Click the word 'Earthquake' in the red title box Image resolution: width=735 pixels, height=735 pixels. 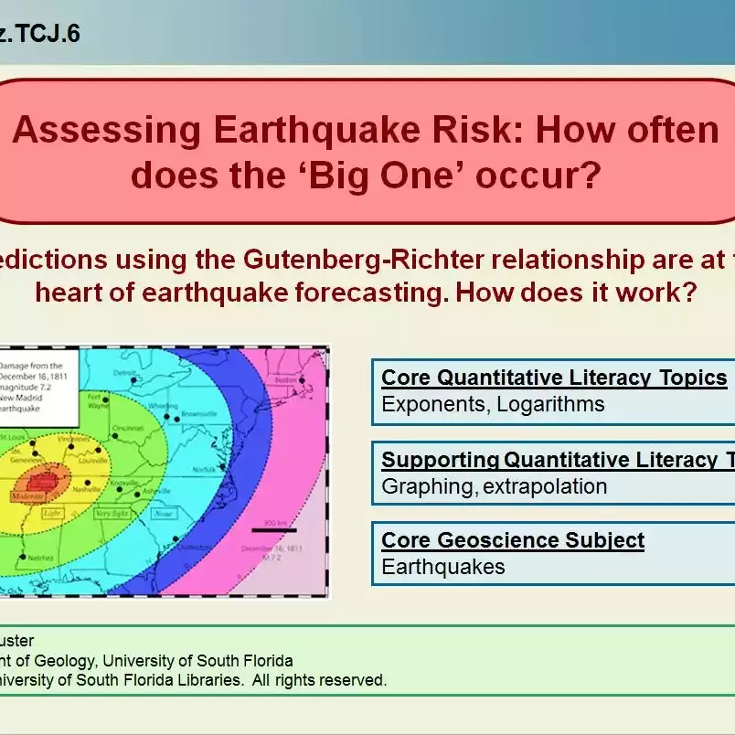coord(303,131)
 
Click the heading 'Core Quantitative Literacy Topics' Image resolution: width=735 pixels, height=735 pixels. coord(554,378)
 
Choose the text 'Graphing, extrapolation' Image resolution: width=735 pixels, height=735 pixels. coord(495,486)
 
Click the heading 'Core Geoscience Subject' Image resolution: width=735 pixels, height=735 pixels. coord(513,540)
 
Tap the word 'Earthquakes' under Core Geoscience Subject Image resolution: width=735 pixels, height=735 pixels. coord(443,567)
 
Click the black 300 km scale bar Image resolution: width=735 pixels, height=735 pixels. coord(272,529)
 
